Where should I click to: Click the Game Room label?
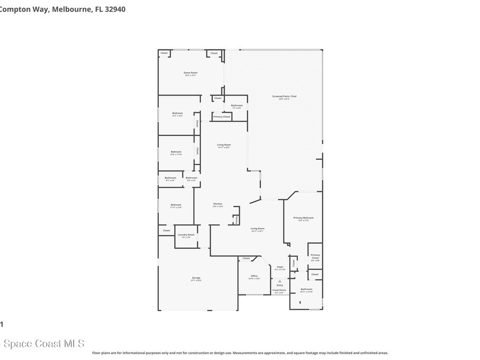click(x=190, y=73)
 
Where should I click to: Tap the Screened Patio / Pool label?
click(x=285, y=97)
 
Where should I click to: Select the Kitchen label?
click(x=217, y=204)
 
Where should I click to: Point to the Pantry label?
click(x=237, y=219)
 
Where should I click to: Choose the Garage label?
click(x=196, y=278)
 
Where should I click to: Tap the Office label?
click(x=254, y=276)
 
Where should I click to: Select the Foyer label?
click(x=280, y=267)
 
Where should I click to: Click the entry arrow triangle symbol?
click(x=280, y=281)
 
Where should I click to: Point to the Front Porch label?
click(x=279, y=290)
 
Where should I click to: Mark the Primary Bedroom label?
click(x=303, y=218)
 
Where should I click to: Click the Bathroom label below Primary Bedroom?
click(x=306, y=289)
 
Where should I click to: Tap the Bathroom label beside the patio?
click(x=237, y=105)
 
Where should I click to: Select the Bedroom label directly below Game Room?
click(x=177, y=113)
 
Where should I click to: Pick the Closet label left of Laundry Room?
click(x=166, y=231)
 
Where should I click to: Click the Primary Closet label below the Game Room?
click(x=222, y=116)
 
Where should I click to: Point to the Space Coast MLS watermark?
click(x=42, y=344)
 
